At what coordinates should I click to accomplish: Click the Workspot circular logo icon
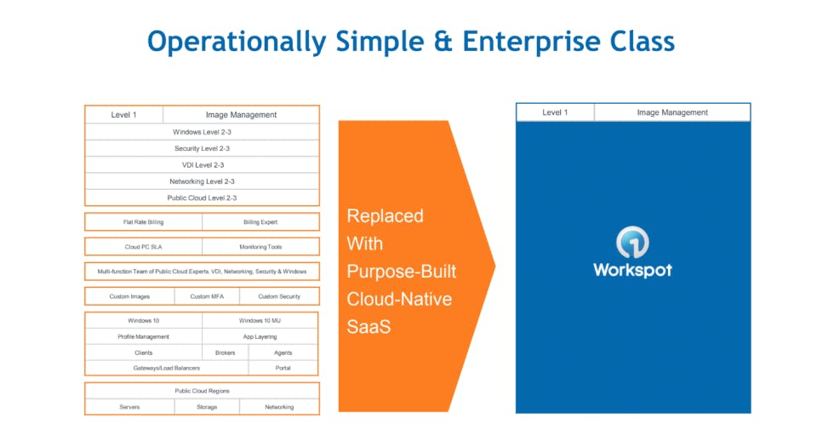point(632,243)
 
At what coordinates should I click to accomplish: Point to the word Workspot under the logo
point(632,270)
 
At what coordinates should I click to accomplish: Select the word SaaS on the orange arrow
point(369,326)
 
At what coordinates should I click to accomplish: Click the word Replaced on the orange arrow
point(385,216)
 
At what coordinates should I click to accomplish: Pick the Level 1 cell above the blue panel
point(555,112)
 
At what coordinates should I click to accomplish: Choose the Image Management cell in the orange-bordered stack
point(241,115)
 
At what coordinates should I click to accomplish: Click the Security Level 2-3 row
point(202,148)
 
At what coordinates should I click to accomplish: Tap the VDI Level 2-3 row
point(202,165)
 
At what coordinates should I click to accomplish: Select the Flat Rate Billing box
point(143,222)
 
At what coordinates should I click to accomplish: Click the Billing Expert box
point(260,222)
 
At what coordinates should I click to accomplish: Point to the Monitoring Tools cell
point(260,247)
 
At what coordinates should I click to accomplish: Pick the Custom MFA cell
point(207,296)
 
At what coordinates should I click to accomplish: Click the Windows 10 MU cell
point(260,321)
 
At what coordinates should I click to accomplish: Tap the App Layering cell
point(260,336)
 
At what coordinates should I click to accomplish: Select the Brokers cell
point(226,353)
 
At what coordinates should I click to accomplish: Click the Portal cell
point(283,368)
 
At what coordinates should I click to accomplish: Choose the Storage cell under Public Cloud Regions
point(207,407)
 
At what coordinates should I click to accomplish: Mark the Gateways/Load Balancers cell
point(167,368)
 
